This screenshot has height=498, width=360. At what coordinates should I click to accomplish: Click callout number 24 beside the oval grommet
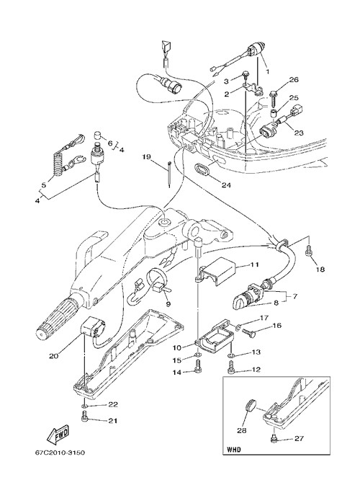click(x=226, y=184)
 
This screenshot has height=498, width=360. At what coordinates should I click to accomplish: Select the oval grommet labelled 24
click(x=202, y=169)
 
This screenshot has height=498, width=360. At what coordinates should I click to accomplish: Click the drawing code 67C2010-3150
click(x=60, y=453)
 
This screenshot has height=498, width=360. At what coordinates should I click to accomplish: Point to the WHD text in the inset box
click(x=234, y=450)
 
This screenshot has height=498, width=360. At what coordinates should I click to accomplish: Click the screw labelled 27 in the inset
click(x=273, y=439)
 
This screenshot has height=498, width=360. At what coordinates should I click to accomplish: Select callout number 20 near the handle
click(x=53, y=356)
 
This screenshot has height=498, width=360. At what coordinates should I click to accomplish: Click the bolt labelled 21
click(x=85, y=417)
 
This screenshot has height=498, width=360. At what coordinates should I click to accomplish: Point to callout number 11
click(x=254, y=264)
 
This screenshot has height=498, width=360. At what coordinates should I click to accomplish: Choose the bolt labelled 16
click(x=248, y=332)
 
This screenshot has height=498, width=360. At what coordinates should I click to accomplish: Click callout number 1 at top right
click(x=267, y=71)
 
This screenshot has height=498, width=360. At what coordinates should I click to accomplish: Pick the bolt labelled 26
click(x=274, y=98)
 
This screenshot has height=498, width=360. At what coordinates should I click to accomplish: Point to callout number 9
click(x=168, y=304)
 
